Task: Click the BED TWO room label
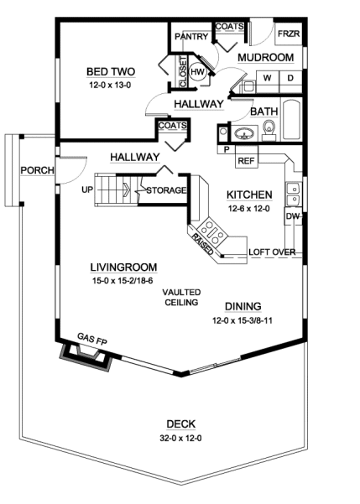point(112,72)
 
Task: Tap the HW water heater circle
point(198,73)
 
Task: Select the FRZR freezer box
point(288,35)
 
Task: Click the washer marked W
point(267,78)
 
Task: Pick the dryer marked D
point(290,78)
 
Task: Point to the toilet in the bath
point(269,128)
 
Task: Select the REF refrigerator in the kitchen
point(247,160)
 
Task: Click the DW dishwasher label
point(292,216)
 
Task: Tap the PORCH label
point(38,171)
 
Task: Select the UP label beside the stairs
point(87,190)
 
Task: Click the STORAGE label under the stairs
point(165,190)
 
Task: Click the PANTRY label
point(190,38)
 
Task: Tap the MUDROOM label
point(265,57)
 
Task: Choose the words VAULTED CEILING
point(180,296)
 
